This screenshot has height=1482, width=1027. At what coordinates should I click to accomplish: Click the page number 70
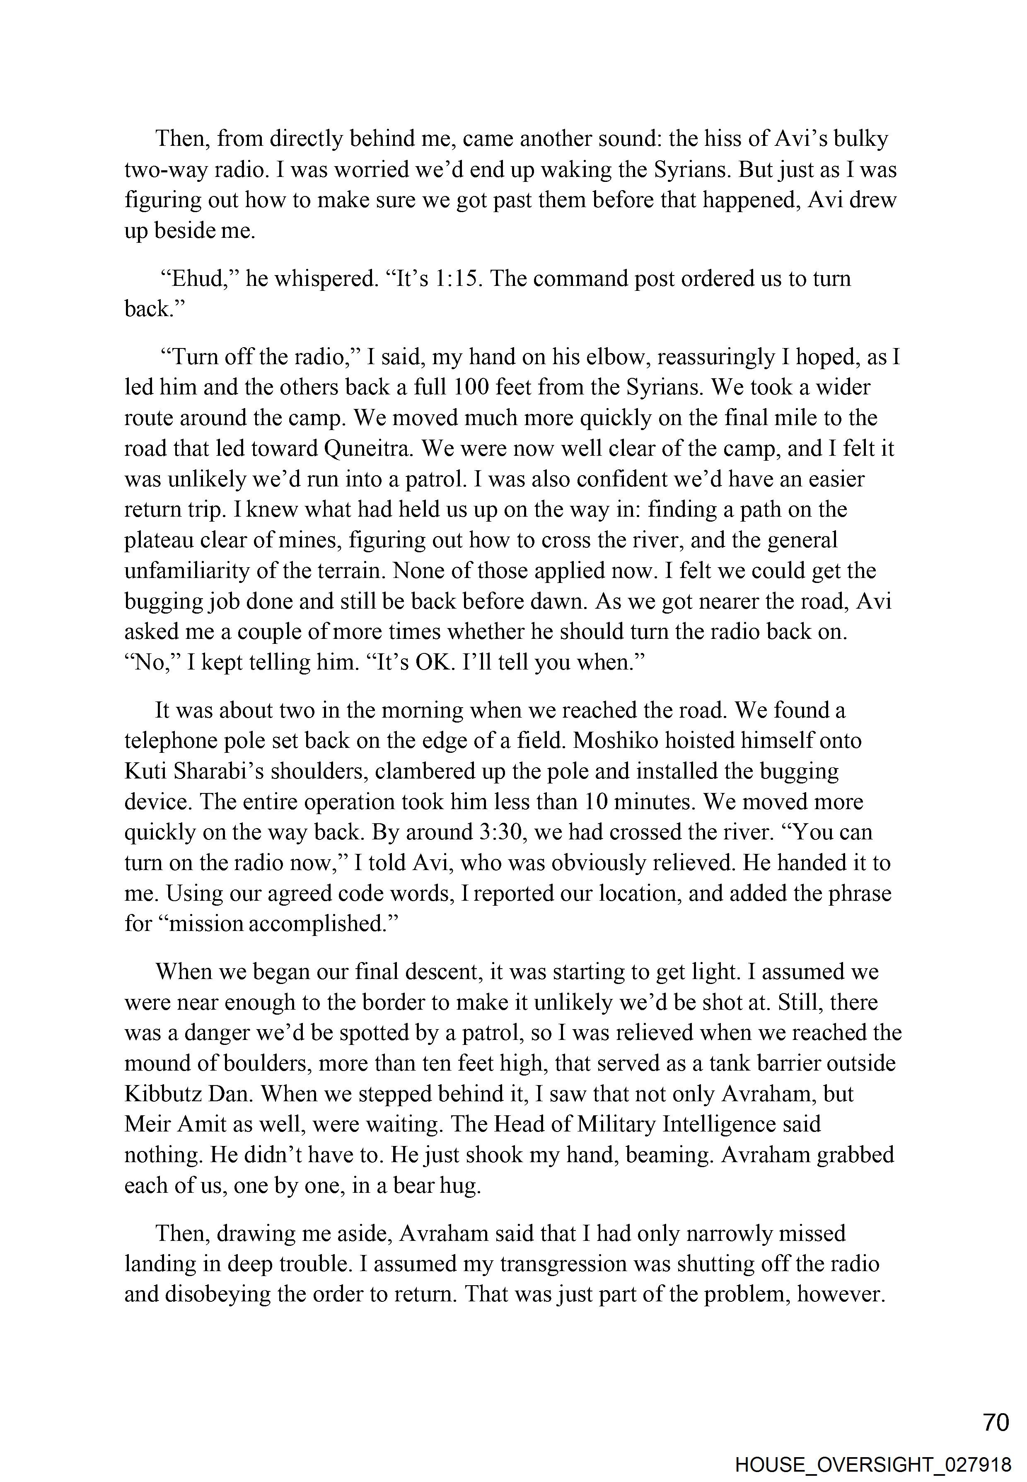point(996,1422)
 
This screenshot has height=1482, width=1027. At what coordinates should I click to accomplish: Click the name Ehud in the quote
point(199,279)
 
